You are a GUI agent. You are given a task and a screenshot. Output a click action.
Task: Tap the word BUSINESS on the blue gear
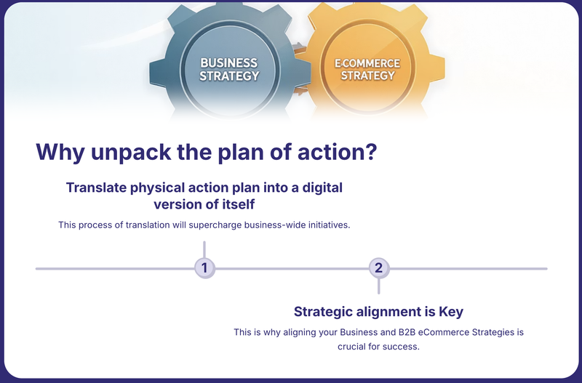click(x=229, y=63)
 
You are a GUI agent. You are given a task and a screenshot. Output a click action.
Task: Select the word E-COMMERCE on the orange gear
click(x=367, y=63)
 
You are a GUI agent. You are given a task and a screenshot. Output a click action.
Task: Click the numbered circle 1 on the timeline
click(x=204, y=267)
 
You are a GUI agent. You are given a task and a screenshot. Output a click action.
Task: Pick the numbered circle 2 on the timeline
click(x=379, y=267)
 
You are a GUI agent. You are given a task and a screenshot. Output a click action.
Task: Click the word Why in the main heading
click(x=60, y=153)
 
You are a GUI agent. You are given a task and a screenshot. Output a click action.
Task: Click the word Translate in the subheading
click(x=97, y=188)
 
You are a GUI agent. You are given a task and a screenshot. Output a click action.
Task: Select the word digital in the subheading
click(x=322, y=188)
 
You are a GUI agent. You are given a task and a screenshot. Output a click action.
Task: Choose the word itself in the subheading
click(x=236, y=204)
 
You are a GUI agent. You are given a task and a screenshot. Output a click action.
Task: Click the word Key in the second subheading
click(x=451, y=312)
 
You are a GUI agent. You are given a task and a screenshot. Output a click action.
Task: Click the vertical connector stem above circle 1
click(x=204, y=249)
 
